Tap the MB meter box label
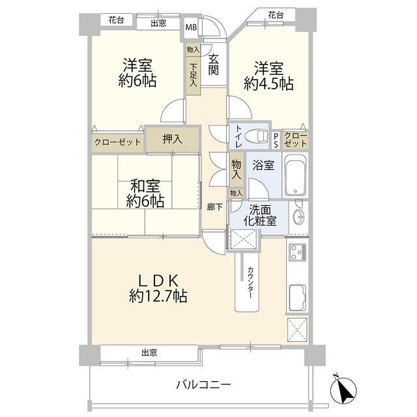pos(191,27)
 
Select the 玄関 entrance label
pos(214,64)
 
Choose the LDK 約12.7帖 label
pos(158,288)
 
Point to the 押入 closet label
pos(172,139)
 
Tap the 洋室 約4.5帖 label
pos(268,76)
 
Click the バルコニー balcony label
pos(203,385)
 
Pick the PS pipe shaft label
pos(276,139)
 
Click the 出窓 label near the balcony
pos(149,352)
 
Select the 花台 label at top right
pos(275,14)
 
